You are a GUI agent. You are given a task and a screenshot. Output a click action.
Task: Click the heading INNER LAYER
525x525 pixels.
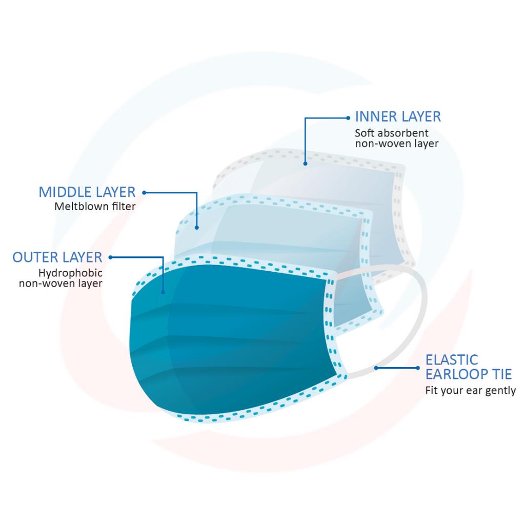coord(398,116)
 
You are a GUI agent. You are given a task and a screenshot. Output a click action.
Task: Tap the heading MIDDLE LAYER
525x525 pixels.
coord(87,192)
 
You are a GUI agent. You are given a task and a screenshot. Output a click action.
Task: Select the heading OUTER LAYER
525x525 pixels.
coord(57,257)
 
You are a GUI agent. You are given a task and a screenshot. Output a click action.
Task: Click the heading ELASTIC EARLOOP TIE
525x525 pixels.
coord(468,367)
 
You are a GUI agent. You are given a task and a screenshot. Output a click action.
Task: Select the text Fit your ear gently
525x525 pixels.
coord(470,391)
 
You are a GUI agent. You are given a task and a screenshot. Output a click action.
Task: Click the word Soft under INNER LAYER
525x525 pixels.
coord(365,133)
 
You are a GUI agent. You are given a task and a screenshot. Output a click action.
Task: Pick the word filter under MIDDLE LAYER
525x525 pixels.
coord(125,207)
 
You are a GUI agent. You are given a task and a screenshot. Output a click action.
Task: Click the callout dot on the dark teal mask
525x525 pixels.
coord(163,292)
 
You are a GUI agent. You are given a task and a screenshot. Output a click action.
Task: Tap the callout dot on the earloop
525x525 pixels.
coord(376,367)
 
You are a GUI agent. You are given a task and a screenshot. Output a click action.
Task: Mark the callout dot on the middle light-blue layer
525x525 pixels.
coord(197,227)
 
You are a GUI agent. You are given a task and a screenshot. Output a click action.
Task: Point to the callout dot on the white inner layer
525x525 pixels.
coord(305,164)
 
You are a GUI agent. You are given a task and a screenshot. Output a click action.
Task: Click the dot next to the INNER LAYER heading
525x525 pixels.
coord(349,117)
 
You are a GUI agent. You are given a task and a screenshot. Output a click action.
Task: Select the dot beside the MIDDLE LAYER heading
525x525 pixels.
coord(144,193)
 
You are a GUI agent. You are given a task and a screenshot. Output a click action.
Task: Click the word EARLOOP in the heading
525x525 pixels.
coord(461,374)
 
